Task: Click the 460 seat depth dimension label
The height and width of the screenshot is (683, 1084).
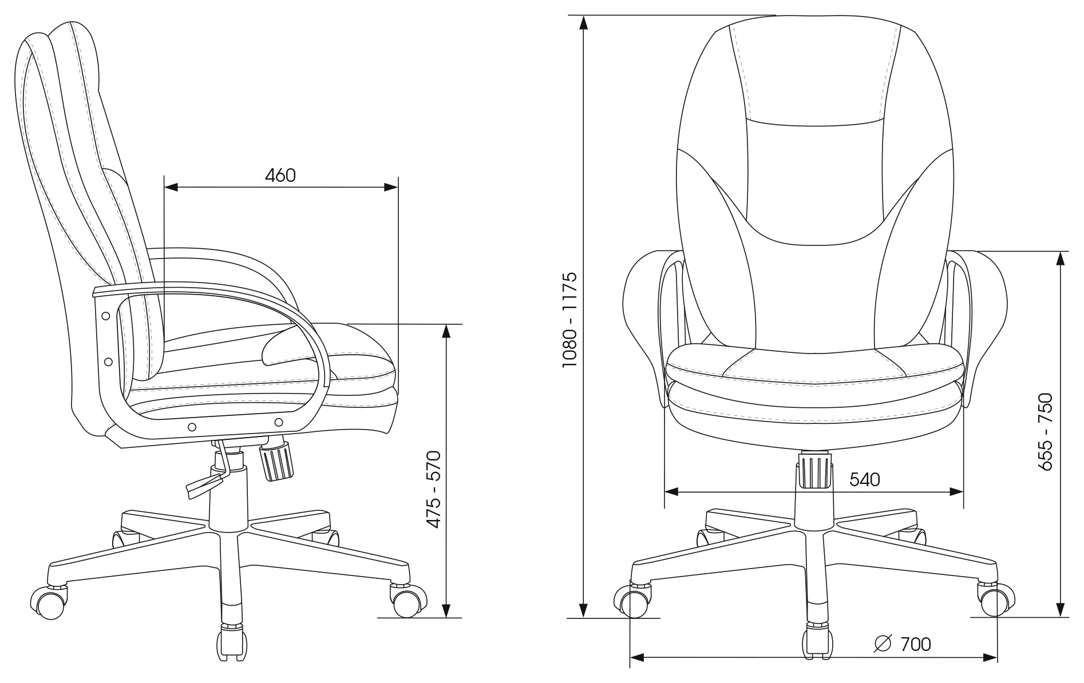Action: (280, 175)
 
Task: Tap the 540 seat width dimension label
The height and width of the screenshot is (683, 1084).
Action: (864, 479)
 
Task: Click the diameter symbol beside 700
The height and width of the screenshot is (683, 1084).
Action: (883, 644)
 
